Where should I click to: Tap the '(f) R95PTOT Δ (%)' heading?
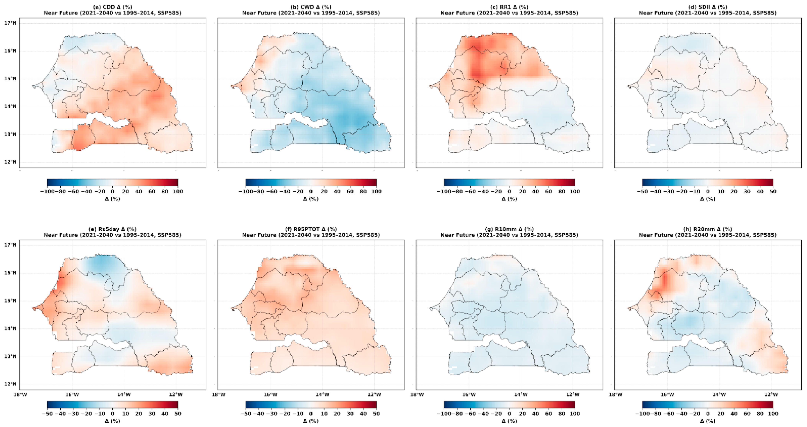click(311, 229)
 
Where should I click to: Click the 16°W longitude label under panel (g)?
click(469, 394)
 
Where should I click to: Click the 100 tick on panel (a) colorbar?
click(178, 191)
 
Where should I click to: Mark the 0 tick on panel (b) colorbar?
click(311, 191)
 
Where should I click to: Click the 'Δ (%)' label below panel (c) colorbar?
click(509, 199)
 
